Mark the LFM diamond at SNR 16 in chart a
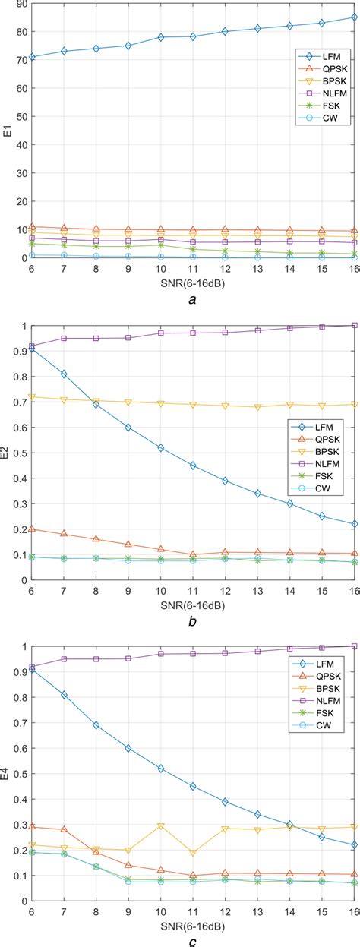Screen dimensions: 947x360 click(x=354, y=17)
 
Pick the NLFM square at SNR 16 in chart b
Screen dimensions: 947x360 click(x=354, y=326)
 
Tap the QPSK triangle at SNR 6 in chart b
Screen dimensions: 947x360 click(x=31, y=529)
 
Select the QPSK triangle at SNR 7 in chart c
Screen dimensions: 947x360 click(x=64, y=830)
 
